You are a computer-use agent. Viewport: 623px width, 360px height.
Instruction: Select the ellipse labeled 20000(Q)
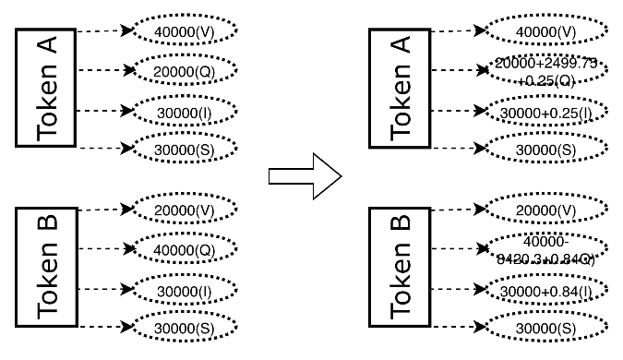click(182, 69)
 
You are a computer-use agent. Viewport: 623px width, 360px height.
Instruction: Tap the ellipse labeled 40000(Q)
click(182, 249)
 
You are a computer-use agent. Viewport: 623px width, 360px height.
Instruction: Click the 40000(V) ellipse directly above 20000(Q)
click(182, 31)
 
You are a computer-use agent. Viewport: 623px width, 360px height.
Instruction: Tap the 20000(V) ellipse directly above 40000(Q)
click(182, 210)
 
